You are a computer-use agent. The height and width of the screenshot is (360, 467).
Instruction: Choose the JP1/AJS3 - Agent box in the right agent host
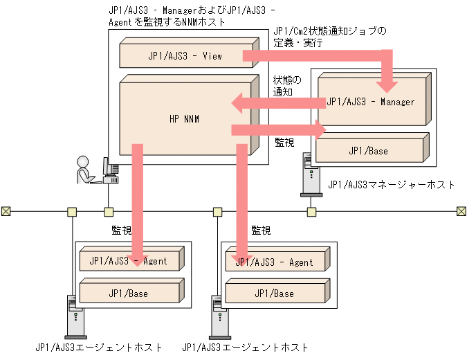point(274,263)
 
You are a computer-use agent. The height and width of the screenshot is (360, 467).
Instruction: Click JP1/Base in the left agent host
point(128,294)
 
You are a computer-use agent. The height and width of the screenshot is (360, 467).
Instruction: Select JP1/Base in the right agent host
point(274,294)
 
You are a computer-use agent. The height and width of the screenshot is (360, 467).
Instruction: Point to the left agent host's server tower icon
point(72,315)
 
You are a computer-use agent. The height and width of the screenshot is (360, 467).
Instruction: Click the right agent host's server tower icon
point(217,315)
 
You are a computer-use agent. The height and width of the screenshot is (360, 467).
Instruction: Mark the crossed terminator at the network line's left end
point(6,211)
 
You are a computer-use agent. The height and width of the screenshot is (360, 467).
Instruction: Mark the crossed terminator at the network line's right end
point(461,211)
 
